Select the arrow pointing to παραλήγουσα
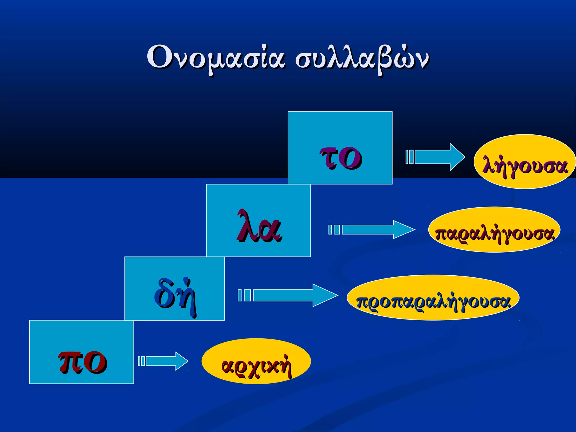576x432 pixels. click(x=377, y=229)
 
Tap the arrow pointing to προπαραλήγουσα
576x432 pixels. click(x=295, y=295)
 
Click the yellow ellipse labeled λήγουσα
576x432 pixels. click(x=525, y=162)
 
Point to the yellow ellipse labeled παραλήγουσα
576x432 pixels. click(x=494, y=229)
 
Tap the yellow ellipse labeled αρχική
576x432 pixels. click(x=256, y=361)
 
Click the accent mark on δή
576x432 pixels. click(x=186, y=280)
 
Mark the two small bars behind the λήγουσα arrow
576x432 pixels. click(x=409, y=157)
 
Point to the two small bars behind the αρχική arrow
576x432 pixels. click(x=141, y=361)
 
